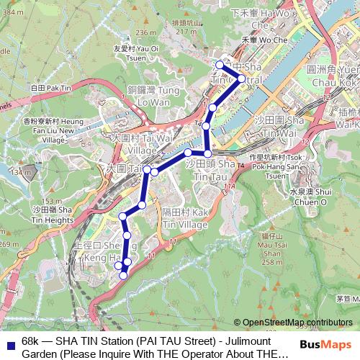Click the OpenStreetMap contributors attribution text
click(298, 323)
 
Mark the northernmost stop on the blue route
click(220, 65)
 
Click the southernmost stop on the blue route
click(123, 275)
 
